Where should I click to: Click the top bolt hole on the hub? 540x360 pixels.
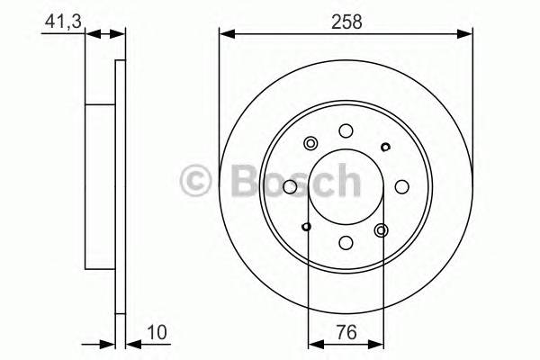click(346, 131)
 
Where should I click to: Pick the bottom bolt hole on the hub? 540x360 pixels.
click(346, 242)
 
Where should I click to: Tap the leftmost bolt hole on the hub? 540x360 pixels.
click(291, 187)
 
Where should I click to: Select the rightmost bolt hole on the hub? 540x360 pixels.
click(401, 187)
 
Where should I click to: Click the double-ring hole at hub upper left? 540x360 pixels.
click(312, 143)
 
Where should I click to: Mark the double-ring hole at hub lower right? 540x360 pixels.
click(381, 230)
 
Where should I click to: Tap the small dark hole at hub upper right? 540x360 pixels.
click(385, 148)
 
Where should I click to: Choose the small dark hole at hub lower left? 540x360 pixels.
click(308, 226)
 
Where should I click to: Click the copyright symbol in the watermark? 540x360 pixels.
click(195, 179)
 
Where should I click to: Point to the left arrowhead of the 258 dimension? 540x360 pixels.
click(226, 34)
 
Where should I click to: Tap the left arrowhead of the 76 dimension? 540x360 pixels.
click(313, 342)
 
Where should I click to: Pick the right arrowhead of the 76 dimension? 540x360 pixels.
click(379, 342)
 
